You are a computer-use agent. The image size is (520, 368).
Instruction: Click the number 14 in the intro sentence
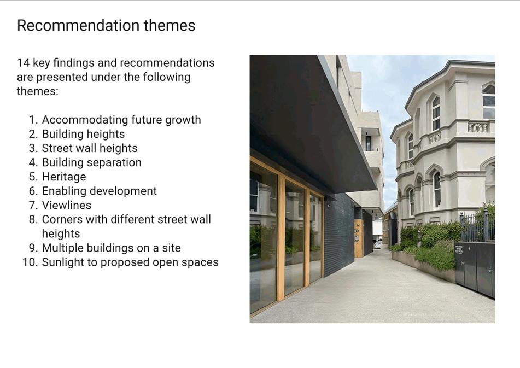point(23,63)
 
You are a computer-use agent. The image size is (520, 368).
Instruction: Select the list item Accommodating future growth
point(121,120)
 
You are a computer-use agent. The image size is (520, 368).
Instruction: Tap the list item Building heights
point(83,134)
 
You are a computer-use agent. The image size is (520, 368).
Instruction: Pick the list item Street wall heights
point(90,148)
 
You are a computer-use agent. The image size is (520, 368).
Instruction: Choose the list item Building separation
point(91,162)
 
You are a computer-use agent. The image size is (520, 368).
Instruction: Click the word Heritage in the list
point(64,177)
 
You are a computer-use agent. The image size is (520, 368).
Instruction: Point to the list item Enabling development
point(99,191)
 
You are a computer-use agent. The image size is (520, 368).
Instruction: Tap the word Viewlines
point(67,205)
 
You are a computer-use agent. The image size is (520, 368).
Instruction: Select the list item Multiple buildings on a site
point(112,248)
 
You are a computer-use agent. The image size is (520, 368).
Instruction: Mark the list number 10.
point(28,262)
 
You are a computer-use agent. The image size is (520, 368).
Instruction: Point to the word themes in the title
point(170,25)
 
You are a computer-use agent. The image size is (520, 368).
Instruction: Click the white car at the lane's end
point(378,245)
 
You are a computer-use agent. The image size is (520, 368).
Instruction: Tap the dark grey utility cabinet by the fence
point(475,268)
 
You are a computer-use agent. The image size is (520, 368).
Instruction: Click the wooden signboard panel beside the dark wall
point(359,238)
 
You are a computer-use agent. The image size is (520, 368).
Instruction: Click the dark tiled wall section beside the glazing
point(339,235)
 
